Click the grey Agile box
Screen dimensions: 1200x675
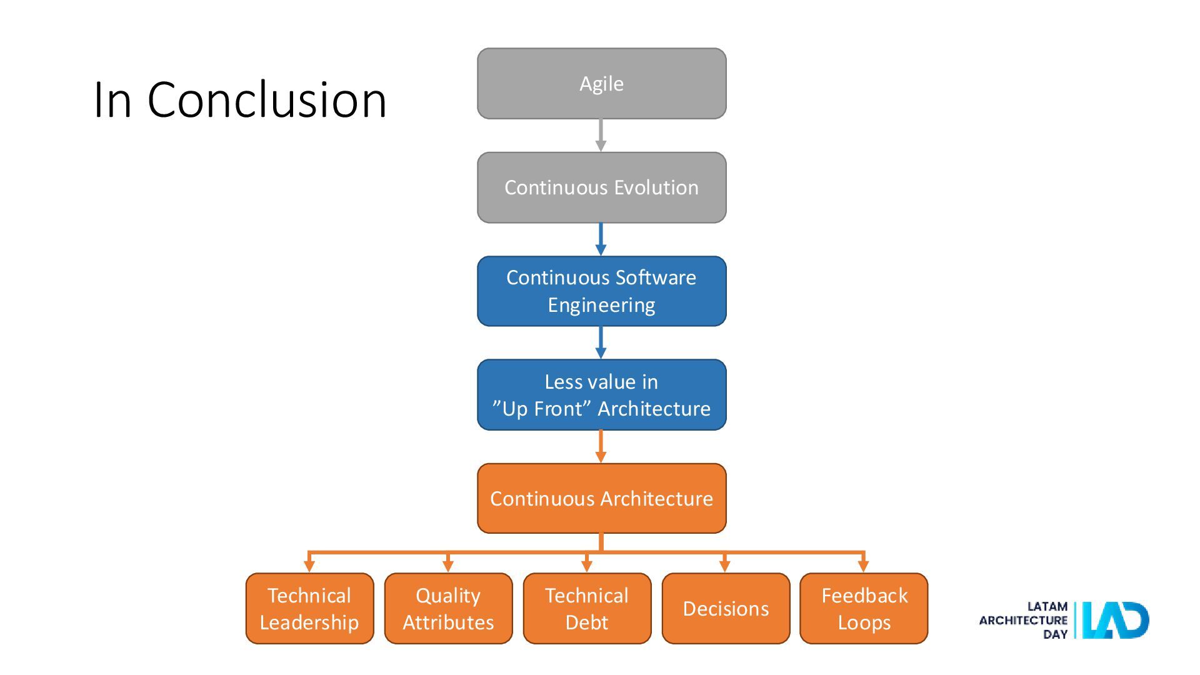[601, 83]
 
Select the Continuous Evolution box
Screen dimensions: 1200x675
[601, 187]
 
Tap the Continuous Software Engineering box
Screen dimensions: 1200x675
[601, 291]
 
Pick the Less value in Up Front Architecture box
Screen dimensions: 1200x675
[601, 394]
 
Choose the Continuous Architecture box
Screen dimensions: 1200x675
[601, 498]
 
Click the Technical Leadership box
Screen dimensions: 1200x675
[309, 608]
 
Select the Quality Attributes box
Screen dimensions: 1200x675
[448, 608]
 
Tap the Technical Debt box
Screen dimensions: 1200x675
[587, 608]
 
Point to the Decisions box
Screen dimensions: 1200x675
[726, 608]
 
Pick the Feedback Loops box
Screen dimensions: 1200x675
[864, 608]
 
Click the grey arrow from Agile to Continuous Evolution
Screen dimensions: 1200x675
[601, 136]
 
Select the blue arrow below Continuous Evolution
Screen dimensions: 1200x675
[601, 239]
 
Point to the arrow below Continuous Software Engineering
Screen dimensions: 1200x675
[601, 342]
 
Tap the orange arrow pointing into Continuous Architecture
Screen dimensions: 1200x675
[601, 447]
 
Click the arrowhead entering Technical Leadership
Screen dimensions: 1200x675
[309, 566]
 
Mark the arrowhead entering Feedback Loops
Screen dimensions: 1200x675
[864, 566]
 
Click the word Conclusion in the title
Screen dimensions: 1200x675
[267, 99]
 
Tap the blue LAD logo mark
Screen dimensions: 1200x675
[1116, 620]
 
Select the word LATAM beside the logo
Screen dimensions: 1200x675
[1047, 606]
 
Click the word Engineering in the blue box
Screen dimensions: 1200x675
[601, 306]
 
